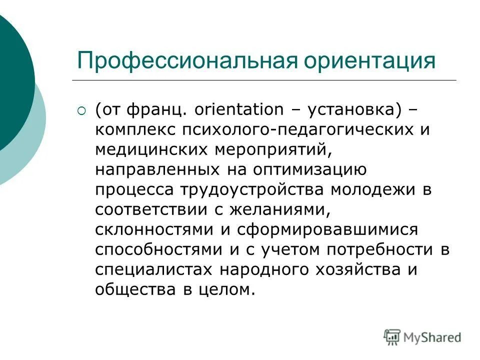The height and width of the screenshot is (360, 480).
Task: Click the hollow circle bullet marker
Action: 82,110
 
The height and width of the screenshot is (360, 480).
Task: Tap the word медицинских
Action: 144,149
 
